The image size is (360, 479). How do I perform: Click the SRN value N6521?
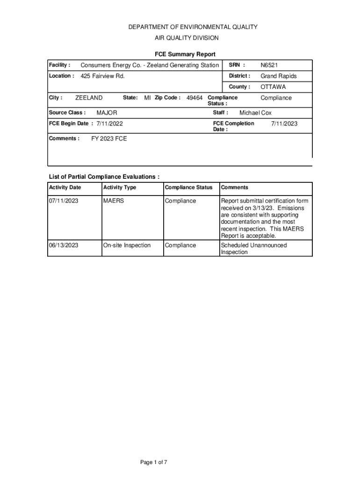(x=269, y=65)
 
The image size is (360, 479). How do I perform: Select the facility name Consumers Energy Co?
(x=150, y=65)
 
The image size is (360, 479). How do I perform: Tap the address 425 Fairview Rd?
(x=103, y=76)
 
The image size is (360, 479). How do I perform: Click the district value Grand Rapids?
(x=279, y=76)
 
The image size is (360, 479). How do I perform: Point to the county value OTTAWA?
(x=273, y=87)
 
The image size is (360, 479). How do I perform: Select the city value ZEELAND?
(x=89, y=98)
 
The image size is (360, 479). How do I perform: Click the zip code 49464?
(x=194, y=98)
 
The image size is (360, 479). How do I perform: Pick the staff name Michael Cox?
(x=255, y=113)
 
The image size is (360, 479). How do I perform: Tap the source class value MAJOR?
(x=107, y=113)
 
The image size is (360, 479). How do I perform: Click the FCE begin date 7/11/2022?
(x=110, y=124)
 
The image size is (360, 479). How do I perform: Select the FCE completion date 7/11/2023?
(x=284, y=124)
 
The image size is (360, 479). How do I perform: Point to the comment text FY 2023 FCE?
(x=108, y=139)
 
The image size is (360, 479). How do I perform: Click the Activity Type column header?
(x=120, y=188)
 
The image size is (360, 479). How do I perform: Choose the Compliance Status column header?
(x=188, y=188)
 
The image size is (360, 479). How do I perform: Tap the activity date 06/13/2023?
(x=64, y=246)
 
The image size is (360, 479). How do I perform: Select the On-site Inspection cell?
(x=127, y=246)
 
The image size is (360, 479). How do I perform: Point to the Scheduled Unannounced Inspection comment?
(x=253, y=248)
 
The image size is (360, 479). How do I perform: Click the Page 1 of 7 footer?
(x=154, y=463)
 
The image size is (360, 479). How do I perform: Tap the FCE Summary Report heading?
(x=185, y=55)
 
